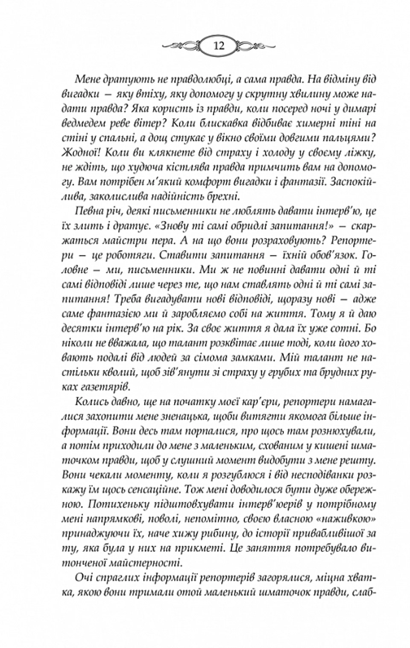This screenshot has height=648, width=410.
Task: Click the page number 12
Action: point(219,46)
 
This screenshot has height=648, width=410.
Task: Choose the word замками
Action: point(255,358)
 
